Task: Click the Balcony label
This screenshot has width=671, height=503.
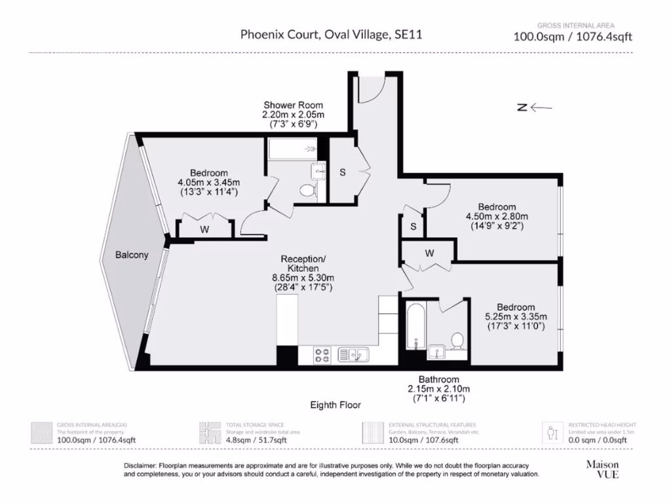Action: [x=131, y=255]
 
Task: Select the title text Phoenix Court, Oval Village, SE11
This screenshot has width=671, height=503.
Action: [x=331, y=35]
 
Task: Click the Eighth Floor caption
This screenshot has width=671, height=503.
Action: [x=335, y=405]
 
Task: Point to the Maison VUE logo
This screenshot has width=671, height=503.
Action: [x=602, y=469]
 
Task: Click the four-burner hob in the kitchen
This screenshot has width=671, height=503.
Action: [x=322, y=355]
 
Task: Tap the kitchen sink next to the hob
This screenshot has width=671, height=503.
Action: [x=353, y=355]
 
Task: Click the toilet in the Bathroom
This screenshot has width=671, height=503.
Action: [x=457, y=341]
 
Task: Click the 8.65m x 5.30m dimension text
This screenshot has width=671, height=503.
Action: [x=303, y=278]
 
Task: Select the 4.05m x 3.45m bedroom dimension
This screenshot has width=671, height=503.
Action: [x=208, y=182]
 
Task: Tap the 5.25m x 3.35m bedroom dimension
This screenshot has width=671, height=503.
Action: [x=515, y=317]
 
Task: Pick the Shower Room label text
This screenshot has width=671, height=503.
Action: [x=293, y=105]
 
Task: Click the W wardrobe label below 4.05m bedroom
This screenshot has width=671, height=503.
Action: [x=204, y=229]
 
